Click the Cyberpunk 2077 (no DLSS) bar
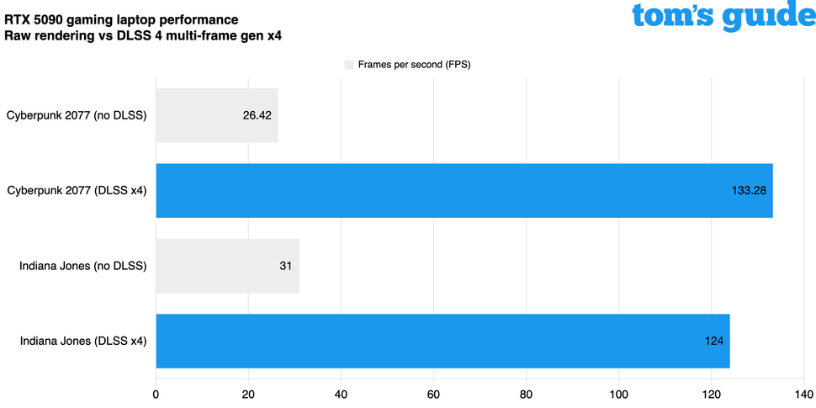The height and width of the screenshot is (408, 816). click(216, 115)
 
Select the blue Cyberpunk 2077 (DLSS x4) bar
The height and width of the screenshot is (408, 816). click(464, 190)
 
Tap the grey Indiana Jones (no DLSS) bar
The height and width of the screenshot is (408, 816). click(227, 266)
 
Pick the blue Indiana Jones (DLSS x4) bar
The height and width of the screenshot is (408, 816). click(442, 341)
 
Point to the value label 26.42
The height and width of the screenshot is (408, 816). click(257, 115)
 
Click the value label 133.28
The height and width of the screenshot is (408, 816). click(749, 190)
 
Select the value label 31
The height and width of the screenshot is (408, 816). click(285, 266)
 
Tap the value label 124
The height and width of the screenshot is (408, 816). click(714, 341)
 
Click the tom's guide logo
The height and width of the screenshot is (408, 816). click(723, 17)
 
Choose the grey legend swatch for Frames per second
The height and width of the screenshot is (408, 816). click(349, 64)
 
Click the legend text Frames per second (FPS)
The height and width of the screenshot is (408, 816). click(414, 64)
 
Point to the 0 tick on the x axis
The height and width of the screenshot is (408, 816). click(156, 393)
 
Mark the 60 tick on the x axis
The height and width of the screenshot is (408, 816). click(434, 393)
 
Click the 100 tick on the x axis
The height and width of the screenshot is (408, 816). click(619, 393)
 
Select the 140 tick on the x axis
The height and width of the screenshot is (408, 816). click(804, 393)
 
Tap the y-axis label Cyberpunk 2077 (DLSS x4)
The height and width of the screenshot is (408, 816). click(77, 190)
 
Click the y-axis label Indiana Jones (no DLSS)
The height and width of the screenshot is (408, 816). click(83, 266)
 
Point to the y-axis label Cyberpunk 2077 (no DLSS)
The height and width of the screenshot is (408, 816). click(77, 115)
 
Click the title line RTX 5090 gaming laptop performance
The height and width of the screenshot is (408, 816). click(121, 19)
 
